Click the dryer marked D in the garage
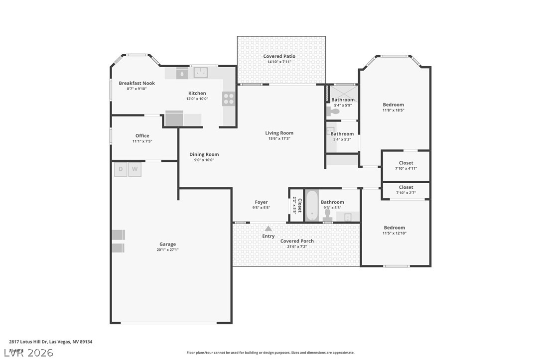(x=120, y=169)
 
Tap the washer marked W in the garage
(x=135, y=169)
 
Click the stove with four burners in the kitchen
(x=228, y=99)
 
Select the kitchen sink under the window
(x=201, y=73)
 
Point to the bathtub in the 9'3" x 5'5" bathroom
(x=311, y=206)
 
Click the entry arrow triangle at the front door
(x=268, y=228)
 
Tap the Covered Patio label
(x=279, y=56)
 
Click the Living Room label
(x=279, y=133)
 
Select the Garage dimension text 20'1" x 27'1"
(x=167, y=250)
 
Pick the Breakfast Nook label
(x=136, y=83)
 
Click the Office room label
(x=142, y=135)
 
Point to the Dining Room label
(x=204, y=154)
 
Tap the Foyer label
(x=261, y=202)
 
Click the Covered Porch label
(x=297, y=241)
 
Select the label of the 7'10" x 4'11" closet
(x=406, y=163)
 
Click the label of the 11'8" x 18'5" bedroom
(x=393, y=105)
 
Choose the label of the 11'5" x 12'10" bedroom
(x=394, y=228)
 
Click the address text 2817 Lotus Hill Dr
(x=50, y=342)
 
